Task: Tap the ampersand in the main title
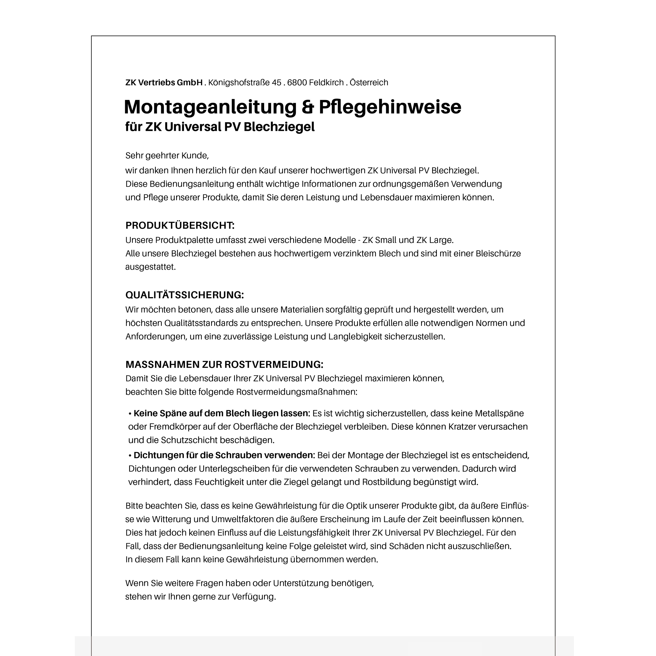pyautogui.click(x=308, y=107)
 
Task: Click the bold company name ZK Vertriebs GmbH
pyautogui.click(x=164, y=82)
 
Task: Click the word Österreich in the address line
pyautogui.click(x=369, y=82)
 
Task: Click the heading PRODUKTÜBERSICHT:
pyautogui.click(x=180, y=225)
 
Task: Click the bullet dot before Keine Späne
pyautogui.click(x=130, y=413)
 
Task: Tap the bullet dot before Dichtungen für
pyautogui.click(x=130, y=455)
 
